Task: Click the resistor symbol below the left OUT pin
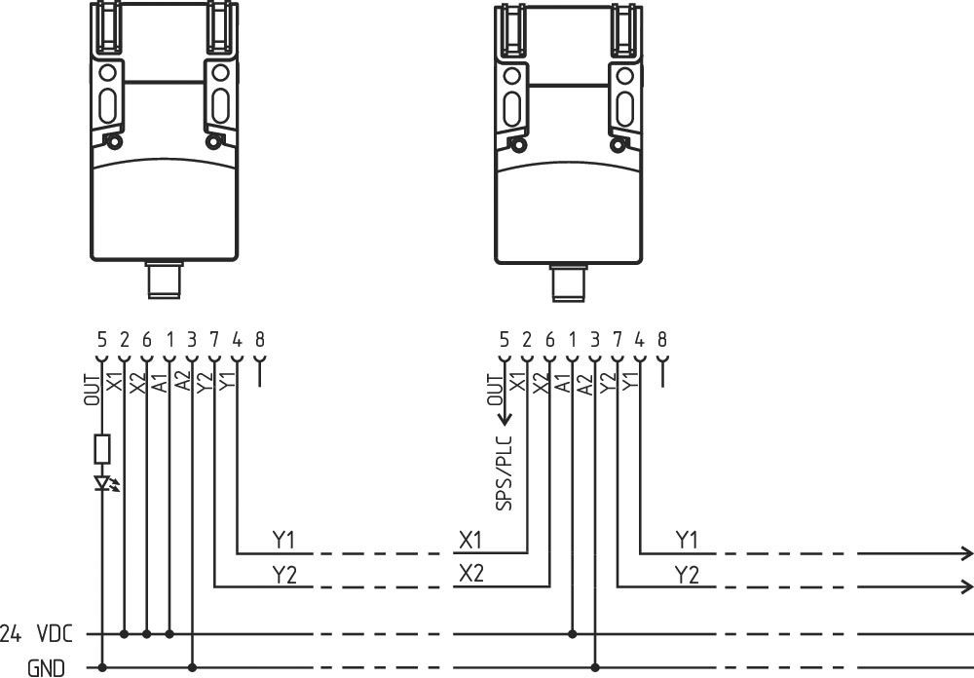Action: [x=102, y=448]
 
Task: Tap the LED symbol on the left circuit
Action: [x=103, y=482]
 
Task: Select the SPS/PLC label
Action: [x=504, y=471]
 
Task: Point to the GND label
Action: [x=47, y=668]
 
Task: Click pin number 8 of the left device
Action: [x=259, y=340]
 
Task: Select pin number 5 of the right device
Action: [x=504, y=340]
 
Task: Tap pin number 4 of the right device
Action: [x=639, y=340]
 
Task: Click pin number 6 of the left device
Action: [x=147, y=340]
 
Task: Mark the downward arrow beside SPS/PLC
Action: [x=505, y=416]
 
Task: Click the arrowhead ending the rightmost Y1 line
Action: [x=966, y=553]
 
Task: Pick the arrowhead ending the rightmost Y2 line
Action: [x=966, y=586]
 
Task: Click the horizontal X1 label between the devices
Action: [x=470, y=540]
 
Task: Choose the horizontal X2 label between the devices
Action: [x=470, y=573]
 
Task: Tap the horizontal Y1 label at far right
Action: [x=687, y=540]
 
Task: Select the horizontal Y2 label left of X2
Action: [x=284, y=574]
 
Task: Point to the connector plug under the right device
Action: [x=566, y=282]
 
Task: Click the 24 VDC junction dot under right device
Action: [x=572, y=634]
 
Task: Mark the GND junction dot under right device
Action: [x=594, y=668]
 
